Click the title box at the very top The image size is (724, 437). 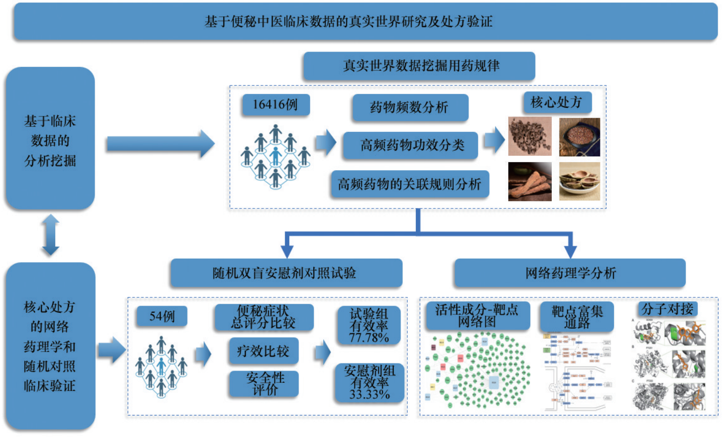point(365,21)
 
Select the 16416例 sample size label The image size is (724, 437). point(275,105)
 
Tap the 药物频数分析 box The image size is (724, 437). point(409,107)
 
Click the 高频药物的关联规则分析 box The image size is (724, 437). point(409,184)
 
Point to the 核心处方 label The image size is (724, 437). point(556,102)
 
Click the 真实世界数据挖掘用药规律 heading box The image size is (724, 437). point(419,66)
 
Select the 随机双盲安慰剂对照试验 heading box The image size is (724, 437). point(286,273)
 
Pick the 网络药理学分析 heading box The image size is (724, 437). point(570,273)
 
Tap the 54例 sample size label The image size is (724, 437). point(161,316)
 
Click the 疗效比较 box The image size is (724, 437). point(263,351)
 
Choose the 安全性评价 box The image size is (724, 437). point(264,383)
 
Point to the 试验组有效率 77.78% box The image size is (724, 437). point(369,326)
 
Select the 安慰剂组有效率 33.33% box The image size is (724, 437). point(369,382)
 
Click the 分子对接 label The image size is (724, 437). point(667,309)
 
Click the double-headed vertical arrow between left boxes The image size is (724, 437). point(51,235)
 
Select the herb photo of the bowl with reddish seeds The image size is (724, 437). point(579,136)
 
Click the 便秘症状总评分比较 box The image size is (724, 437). point(264,317)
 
